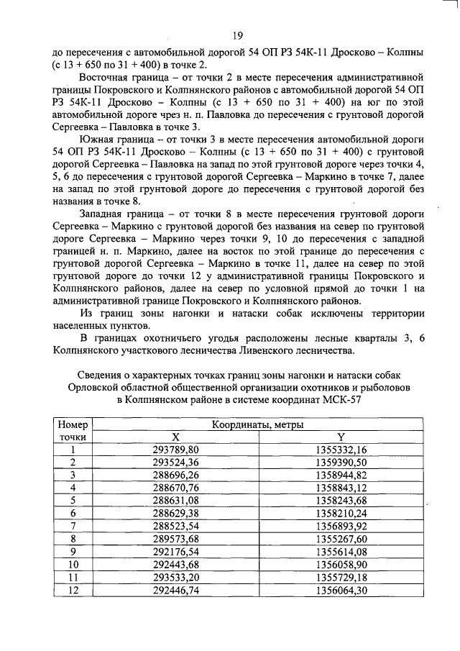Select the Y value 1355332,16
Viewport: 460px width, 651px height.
341,450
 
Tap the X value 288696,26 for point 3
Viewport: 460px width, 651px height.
175,475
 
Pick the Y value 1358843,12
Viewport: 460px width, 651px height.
341,488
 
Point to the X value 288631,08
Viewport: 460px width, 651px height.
175,500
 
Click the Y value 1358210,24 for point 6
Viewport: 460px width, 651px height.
341,513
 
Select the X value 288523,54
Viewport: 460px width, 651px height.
175,525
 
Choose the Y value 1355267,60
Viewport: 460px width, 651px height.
341,538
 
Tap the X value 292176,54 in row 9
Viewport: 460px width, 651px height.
175,551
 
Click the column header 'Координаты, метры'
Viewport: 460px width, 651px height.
257,425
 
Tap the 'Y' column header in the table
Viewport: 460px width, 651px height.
341,437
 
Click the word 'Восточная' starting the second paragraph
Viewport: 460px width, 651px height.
109,76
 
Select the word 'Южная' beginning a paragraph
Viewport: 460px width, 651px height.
100,137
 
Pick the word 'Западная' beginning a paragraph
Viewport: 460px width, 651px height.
106,214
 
